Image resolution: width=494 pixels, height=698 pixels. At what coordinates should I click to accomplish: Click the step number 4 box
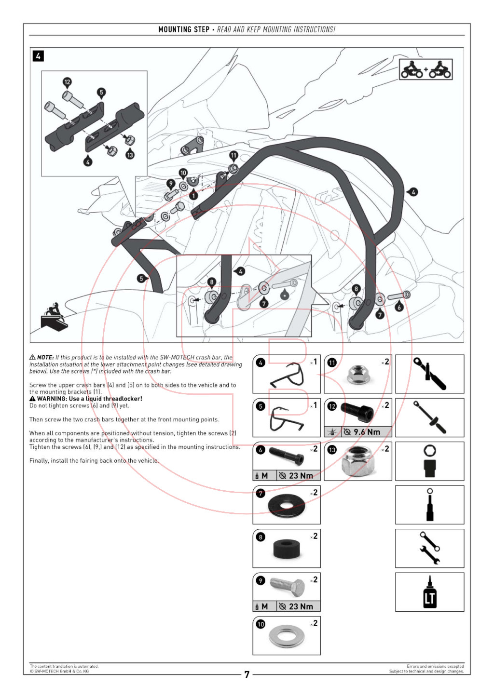pos(38,56)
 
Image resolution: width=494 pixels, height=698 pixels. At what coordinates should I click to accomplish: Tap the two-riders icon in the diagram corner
pos(425,69)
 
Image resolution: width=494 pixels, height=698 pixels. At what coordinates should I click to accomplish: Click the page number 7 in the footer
pos(247,674)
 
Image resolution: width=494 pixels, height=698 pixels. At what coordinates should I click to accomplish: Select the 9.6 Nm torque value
pos(367,432)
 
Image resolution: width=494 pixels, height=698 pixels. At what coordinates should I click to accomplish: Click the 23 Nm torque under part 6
pos(301,476)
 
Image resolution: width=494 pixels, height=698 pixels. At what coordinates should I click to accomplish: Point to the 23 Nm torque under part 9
pos(301,606)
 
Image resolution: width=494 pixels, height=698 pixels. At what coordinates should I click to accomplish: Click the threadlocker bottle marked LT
pos(429,592)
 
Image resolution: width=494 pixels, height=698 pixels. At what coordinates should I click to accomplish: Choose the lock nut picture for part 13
pos(358,461)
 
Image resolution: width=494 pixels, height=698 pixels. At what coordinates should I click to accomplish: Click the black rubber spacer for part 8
pos(286,549)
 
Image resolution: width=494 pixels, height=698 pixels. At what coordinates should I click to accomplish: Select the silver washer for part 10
pos(287,636)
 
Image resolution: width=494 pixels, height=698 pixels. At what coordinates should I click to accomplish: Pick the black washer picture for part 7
pos(287,505)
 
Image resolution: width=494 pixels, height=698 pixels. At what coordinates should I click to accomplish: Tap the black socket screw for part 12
pos(357,412)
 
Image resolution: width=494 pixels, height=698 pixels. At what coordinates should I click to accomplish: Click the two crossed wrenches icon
pos(429,548)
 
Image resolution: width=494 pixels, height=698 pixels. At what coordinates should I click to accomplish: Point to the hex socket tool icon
pos(429,461)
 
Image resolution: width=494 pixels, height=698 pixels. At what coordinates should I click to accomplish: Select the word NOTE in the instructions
pos(45,357)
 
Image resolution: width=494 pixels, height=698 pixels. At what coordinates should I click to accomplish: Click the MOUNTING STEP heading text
pos(184,29)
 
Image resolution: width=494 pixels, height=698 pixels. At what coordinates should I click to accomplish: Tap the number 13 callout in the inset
pos(130,154)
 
